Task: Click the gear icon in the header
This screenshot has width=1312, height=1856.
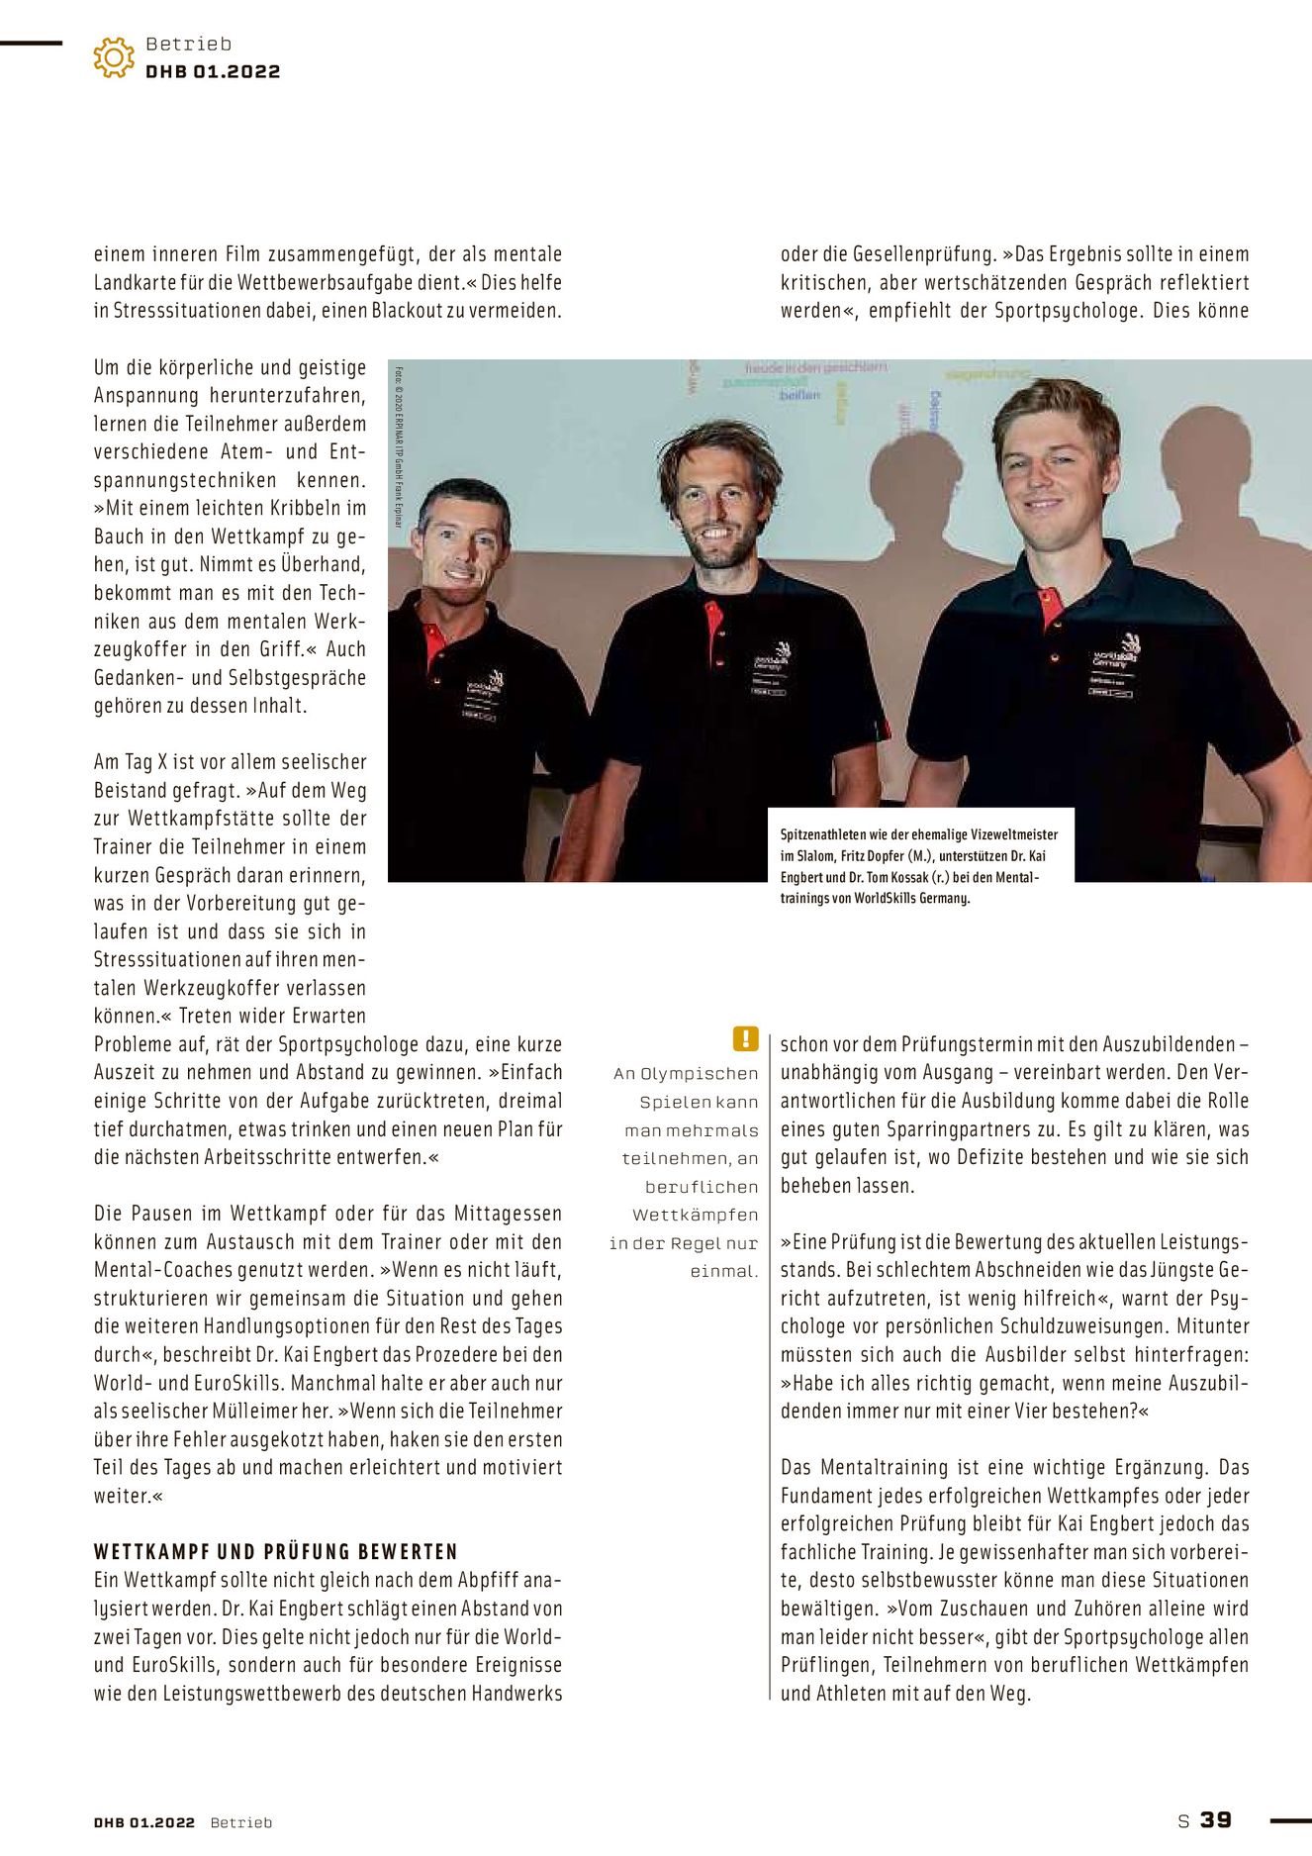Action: (x=114, y=57)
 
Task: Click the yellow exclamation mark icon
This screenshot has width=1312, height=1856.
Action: (x=745, y=1038)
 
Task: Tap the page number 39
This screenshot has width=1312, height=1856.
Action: (x=1216, y=1819)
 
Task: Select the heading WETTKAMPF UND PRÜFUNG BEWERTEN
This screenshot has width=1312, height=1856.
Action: (x=276, y=1551)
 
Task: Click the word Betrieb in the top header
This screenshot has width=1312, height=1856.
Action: (x=188, y=44)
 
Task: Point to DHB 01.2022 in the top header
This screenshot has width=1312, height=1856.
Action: (x=213, y=71)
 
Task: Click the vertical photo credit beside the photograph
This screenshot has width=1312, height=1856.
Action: (x=399, y=446)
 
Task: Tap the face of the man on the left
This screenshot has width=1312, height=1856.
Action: (x=462, y=545)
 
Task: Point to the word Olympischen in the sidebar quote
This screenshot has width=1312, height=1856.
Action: (x=699, y=1073)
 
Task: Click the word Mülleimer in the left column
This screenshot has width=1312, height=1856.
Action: (x=287, y=1411)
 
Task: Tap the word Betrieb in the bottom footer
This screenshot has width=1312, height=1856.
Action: (x=240, y=1822)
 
